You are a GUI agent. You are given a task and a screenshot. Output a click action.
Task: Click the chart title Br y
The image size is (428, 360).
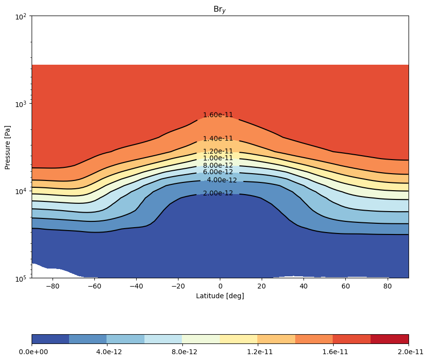pos(220,10)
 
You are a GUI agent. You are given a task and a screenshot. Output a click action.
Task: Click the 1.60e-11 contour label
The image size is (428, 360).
pos(218,115)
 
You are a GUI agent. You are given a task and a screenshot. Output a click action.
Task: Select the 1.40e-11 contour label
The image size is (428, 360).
pos(218,139)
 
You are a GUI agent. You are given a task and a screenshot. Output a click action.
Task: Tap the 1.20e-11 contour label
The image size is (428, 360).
pos(218,151)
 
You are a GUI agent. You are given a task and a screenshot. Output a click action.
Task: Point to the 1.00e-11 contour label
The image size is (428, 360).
pos(218,158)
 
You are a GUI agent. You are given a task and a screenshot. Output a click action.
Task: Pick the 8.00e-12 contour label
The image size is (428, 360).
pos(218,165)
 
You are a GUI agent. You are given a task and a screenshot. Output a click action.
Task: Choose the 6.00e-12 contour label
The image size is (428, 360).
pos(218,172)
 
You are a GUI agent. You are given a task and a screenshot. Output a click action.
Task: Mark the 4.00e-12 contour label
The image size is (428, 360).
pos(222,180)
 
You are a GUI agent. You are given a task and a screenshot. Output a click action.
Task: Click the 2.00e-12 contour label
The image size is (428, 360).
pos(218,193)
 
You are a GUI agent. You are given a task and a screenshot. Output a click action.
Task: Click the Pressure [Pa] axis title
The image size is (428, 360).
pos(7,147)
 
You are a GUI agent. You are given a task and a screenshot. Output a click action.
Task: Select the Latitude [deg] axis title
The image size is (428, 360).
pos(220,296)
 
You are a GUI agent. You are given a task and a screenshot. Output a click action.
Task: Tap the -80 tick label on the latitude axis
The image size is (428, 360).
pos(53,287)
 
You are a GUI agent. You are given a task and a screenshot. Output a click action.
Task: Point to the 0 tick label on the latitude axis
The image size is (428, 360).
pos(220,287)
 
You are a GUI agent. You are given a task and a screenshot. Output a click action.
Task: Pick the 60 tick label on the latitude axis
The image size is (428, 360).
pos(346,287)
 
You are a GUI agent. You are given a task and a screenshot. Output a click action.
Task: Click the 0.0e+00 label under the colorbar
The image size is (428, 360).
pos(33,352)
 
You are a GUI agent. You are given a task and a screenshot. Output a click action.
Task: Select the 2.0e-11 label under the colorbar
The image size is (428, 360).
pos(410,352)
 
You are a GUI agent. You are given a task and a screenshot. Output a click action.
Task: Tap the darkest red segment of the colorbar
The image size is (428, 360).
pos(390,339)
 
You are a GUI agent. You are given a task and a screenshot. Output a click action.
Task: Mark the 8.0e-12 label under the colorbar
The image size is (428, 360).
pos(184,352)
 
